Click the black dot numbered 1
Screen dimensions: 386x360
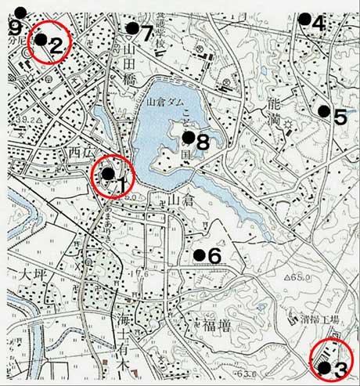107,173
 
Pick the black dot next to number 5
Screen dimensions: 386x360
322,111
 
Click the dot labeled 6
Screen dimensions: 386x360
200,254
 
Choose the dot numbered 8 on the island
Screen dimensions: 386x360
188,137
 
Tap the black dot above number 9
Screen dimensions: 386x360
20,12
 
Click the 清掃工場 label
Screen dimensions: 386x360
319,319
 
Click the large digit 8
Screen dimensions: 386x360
203,142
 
